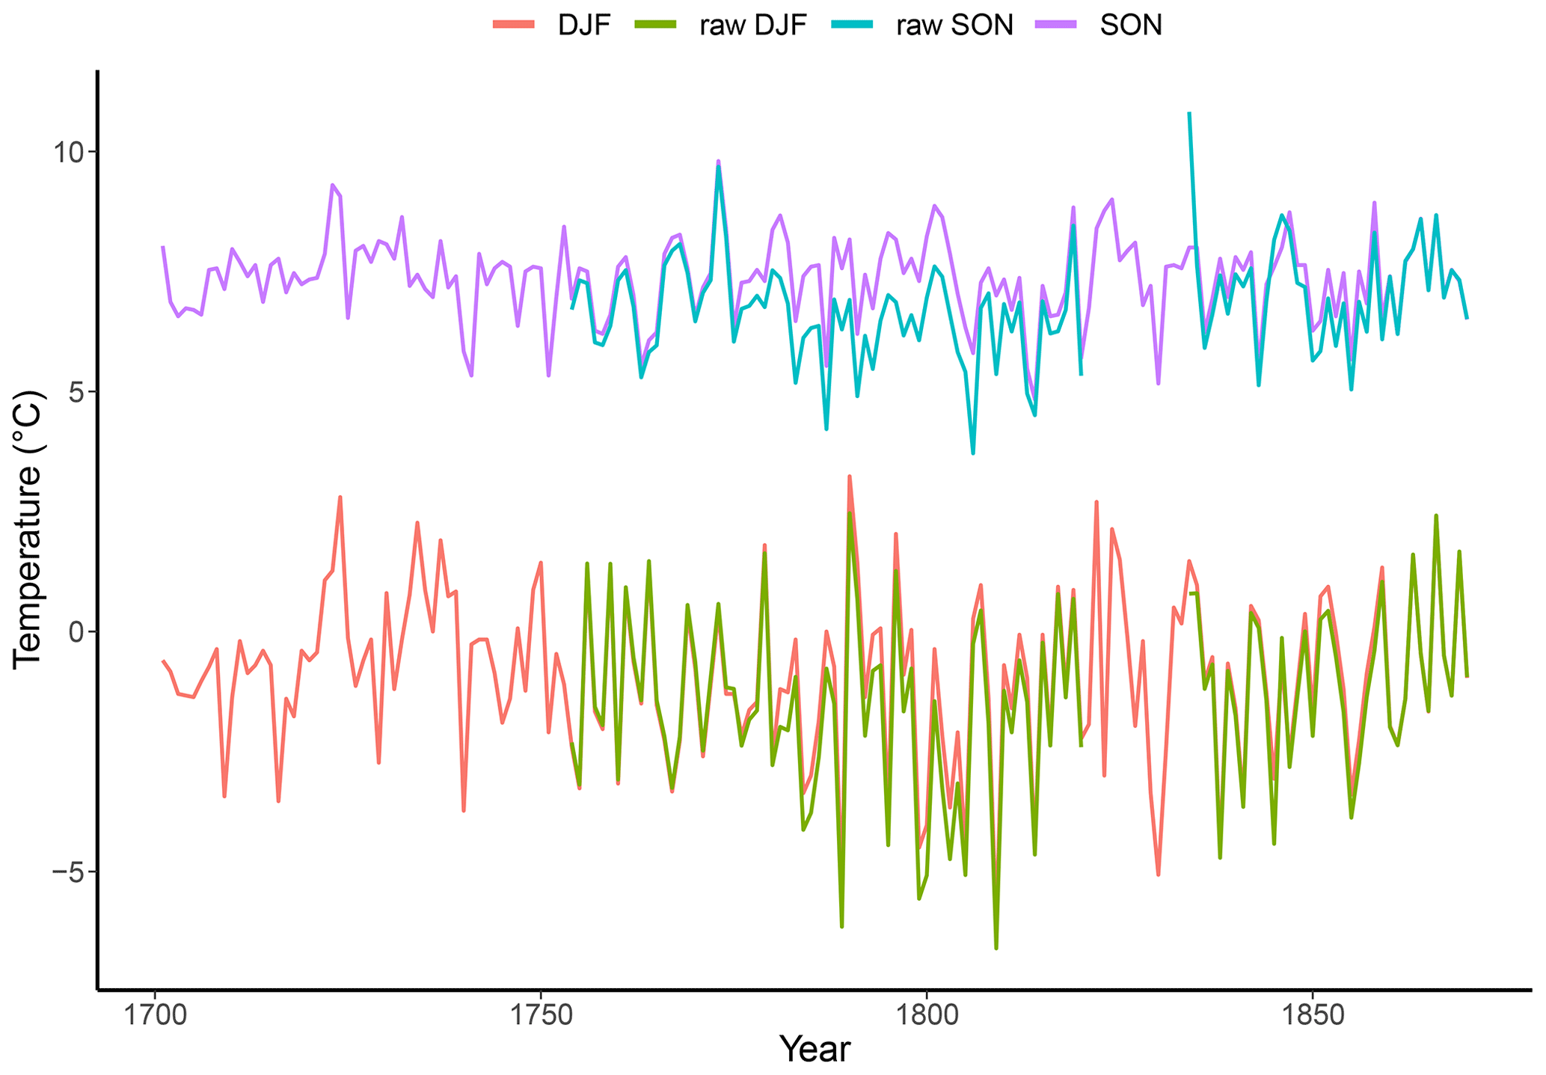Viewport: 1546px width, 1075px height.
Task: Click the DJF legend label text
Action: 585,25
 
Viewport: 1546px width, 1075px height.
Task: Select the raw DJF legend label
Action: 753,25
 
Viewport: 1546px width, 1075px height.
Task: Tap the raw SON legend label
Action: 955,25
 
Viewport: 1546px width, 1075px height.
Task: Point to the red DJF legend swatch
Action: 515,25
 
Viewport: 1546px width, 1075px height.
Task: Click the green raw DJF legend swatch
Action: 655,25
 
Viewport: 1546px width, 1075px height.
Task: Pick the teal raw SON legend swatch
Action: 853,25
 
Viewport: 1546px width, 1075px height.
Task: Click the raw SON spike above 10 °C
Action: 1189,114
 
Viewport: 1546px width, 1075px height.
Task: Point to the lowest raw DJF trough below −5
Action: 996,947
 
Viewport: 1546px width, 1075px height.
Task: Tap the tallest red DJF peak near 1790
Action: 849,477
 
